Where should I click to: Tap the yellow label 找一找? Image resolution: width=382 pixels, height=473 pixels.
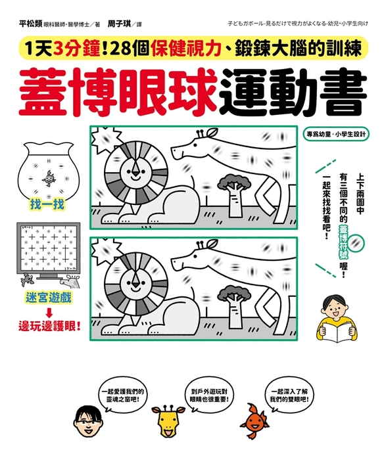(x=47, y=204)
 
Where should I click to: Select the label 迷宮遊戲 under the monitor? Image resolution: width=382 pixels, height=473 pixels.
(x=48, y=298)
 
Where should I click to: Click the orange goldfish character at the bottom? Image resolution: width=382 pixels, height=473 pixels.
(x=254, y=421)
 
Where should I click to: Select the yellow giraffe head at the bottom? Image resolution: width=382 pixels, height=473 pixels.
(x=168, y=421)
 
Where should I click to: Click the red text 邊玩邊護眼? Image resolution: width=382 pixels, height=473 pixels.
(x=49, y=327)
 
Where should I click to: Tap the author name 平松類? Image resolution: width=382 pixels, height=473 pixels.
(x=30, y=24)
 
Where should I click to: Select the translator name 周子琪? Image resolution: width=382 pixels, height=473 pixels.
(x=119, y=24)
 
